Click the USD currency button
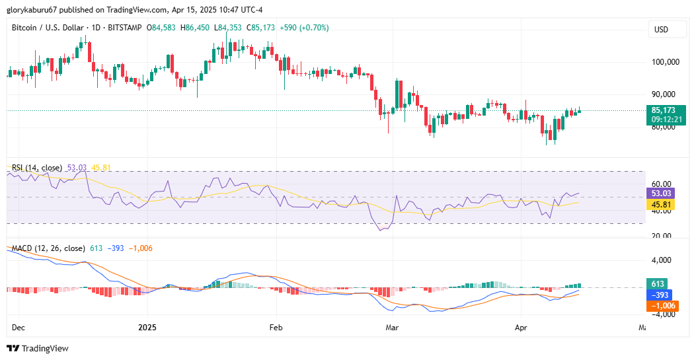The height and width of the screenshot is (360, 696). click(661, 30)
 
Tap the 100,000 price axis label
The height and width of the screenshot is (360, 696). click(666, 61)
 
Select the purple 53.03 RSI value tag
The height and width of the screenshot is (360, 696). click(661, 194)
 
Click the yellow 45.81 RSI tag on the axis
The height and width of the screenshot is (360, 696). click(661, 204)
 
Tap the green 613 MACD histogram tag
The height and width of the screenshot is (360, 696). click(658, 284)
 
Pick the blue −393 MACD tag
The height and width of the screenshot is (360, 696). click(660, 295)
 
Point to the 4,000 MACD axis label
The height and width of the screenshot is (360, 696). click(661, 260)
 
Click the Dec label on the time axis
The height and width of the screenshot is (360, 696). click(19, 328)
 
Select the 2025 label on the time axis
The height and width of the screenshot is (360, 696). click(147, 328)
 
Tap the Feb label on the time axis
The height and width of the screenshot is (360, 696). click(276, 328)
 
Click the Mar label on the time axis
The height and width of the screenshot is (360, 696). click(392, 328)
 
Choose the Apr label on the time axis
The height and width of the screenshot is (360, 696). click(521, 328)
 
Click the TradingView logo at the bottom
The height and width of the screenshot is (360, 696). click(38, 349)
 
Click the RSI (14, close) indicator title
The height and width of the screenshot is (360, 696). click(37, 168)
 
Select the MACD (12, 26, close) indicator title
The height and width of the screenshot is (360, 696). click(48, 248)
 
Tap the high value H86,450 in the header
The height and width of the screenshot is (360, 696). click(195, 28)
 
